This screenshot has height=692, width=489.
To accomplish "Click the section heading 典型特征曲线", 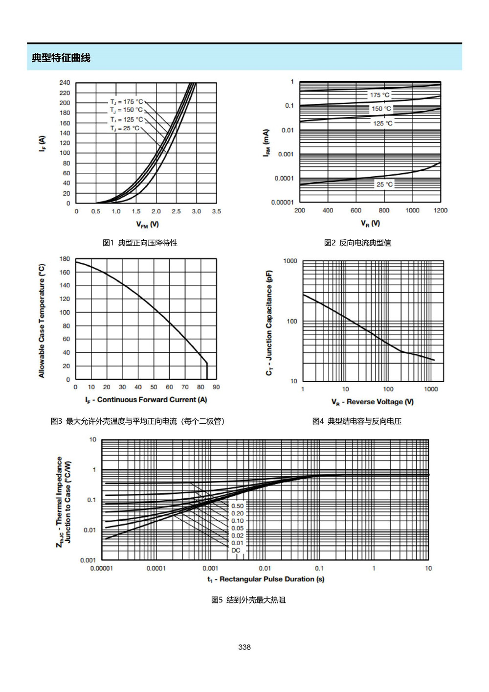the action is pos(61,58).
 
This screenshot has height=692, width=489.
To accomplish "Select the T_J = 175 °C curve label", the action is pos(127,102).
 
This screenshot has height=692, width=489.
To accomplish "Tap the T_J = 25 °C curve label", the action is pos(125,128).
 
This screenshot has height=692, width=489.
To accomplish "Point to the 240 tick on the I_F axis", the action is pos(65,83).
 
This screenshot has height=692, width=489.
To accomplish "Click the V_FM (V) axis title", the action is pos(148,224).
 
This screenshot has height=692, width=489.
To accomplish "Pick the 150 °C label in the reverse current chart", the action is pos(381,109).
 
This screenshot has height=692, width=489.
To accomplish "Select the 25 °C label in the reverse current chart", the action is pos(385,185).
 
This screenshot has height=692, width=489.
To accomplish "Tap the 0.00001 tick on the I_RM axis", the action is pos(282,202).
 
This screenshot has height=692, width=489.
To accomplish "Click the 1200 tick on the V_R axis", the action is pos(440,210).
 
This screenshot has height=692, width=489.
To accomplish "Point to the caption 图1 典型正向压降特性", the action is pos(140,243).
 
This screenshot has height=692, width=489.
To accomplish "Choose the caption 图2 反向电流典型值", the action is pos(357,243).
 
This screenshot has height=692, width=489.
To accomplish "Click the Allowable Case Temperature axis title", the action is pos(42,321).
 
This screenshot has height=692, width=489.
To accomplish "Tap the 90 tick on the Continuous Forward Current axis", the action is pos(216,387).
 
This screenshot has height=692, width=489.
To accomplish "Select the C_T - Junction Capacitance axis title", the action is pos(269,323).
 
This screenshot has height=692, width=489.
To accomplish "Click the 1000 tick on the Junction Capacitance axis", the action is pos(290,261).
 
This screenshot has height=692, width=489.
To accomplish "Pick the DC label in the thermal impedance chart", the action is pos(236,550).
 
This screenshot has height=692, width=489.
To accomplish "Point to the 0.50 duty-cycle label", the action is pos(237,506).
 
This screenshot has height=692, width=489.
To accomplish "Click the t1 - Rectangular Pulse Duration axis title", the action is pos(266,579).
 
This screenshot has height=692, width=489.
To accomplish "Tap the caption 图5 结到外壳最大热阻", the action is pos(248,600).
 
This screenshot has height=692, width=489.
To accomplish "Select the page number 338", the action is pos(244,647).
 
